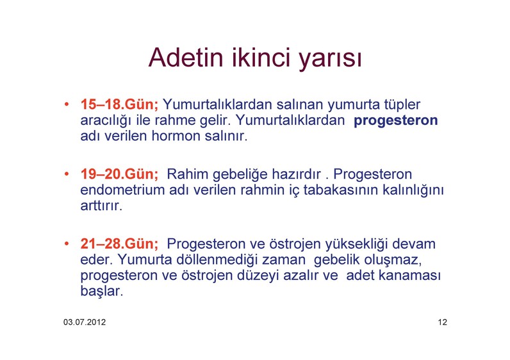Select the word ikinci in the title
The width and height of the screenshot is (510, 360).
261,57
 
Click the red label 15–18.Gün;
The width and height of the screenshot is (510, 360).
119,104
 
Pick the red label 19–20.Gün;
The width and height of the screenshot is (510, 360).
119,174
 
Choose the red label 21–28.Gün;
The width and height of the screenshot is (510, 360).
119,243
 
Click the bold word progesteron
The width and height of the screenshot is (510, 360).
395,121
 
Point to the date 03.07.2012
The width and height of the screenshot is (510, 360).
85,322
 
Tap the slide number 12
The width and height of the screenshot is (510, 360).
442,322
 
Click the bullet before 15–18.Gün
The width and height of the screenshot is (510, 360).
67,104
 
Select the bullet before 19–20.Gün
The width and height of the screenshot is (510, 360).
67,174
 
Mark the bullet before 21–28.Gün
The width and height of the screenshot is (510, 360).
67,243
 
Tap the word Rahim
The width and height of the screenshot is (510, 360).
187,174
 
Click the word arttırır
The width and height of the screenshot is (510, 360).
101,206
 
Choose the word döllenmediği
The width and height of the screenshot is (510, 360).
217,260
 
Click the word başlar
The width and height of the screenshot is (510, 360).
102,291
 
